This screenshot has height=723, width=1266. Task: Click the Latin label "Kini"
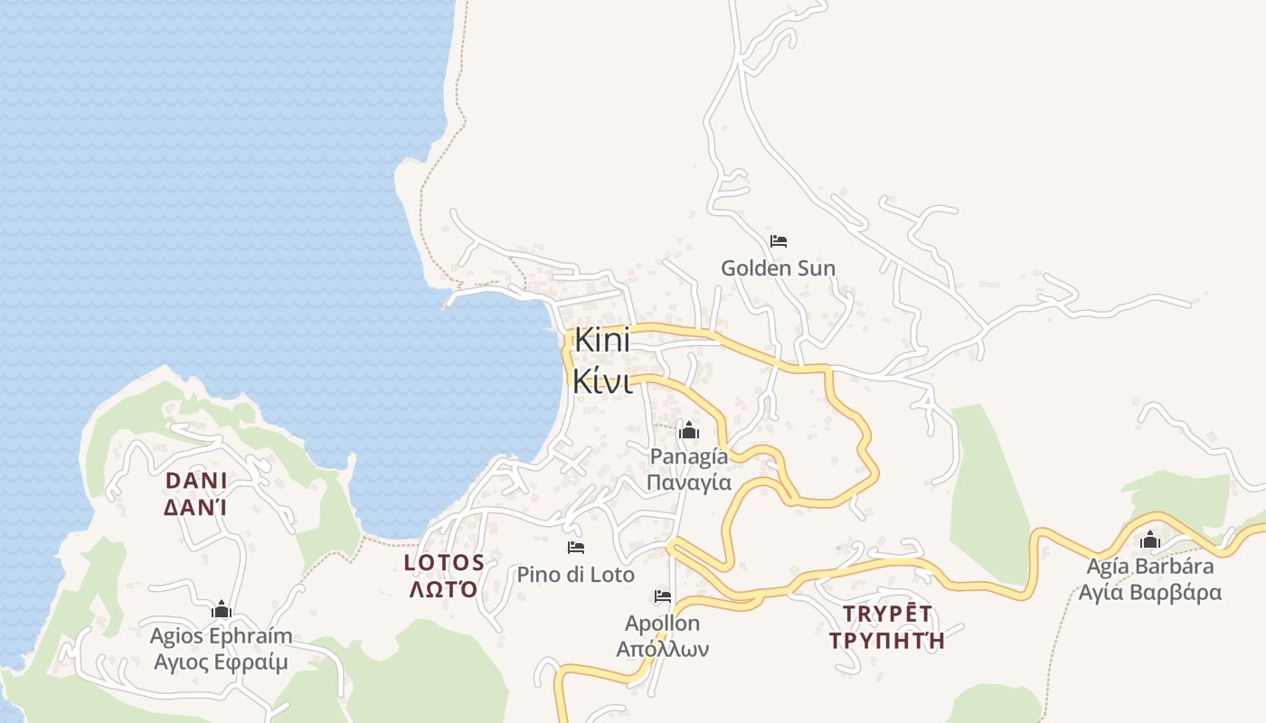(601, 342)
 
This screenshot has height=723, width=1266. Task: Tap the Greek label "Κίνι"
(601, 381)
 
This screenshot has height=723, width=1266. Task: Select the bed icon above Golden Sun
(779, 241)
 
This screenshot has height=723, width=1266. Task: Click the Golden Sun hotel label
(778, 268)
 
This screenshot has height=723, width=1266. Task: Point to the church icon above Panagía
(689, 431)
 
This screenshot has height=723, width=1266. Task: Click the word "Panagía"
(689, 455)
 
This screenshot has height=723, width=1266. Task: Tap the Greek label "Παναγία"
(689, 482)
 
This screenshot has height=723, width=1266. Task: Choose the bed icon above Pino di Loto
(576, 548)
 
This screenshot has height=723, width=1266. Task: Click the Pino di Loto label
(576, 574)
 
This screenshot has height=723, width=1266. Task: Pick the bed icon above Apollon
(663, 596)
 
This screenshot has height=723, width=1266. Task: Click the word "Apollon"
(663, 623)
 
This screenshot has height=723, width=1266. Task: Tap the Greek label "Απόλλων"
(663, 649)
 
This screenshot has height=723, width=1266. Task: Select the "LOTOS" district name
(444, 562)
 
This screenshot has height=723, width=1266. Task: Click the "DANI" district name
(195, 480)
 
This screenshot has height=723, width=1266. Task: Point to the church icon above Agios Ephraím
(222, 610)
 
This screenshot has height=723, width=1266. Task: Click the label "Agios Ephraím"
(222, 635)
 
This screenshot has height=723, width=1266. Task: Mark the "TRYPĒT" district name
(887, 615)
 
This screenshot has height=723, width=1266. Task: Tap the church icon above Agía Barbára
(1150, 540)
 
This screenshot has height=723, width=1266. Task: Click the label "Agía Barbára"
(1150, 567)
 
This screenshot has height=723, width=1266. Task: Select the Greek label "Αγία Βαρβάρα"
(1150, 593)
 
